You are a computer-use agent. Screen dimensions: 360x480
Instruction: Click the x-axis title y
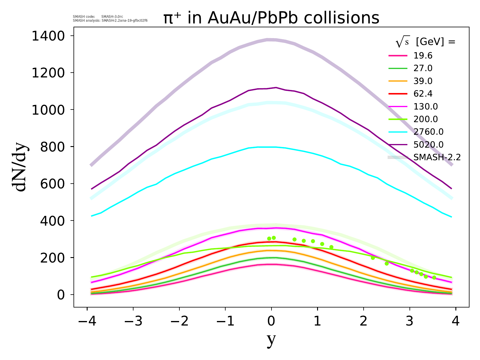coord(271,340)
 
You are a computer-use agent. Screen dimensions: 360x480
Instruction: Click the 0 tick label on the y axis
coord(61,295)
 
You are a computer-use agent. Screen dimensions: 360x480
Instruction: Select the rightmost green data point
coord(434,277)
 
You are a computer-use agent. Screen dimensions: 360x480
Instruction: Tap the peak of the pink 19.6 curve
coord(271,264)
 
